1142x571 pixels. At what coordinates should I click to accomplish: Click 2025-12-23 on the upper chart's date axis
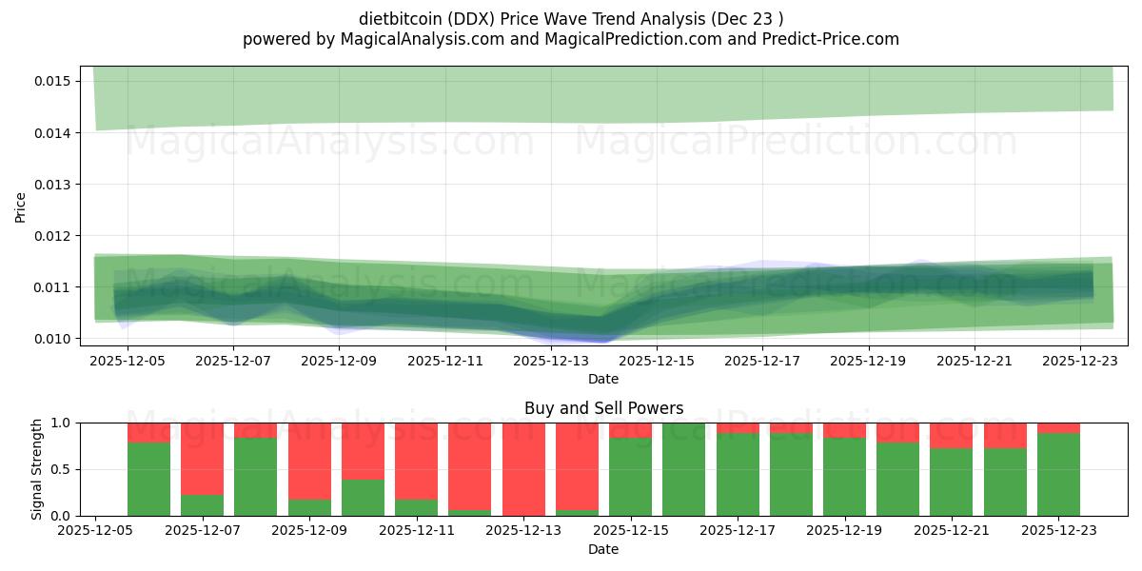(1080, 362)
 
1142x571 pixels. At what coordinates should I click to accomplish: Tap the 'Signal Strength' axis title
(36, 469)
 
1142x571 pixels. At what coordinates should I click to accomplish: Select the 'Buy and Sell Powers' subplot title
(603, 408)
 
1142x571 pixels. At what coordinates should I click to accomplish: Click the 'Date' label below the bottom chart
(603, 549)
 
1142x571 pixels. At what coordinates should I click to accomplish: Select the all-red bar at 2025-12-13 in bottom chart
(523, 469)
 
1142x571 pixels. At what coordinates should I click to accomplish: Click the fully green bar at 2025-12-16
(683, 469)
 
